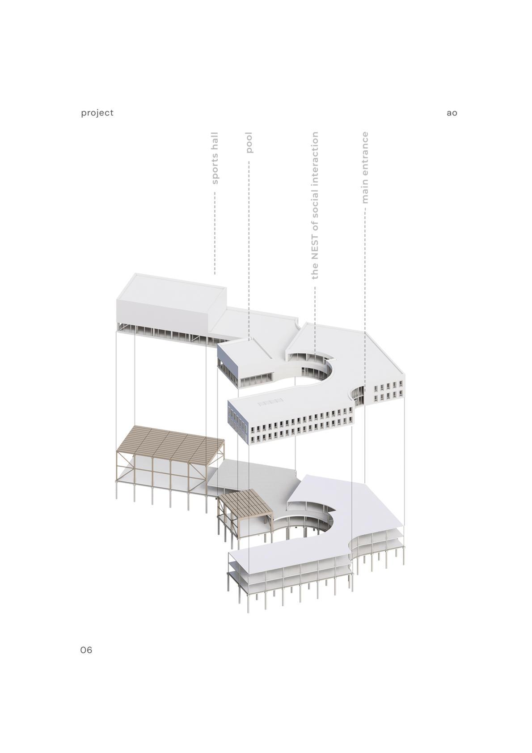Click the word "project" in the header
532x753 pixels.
click(97, 113)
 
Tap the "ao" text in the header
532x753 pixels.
click(452, 113)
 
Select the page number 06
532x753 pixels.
click(86, 650)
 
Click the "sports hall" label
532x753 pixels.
click(215, 158)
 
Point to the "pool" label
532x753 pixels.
click(249, 142)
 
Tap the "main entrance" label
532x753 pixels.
click(365, 168)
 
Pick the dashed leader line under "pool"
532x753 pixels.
click(249, 246)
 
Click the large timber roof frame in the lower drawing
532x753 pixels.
click(170, 443)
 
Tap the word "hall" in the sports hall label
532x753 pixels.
click(215, 141)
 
